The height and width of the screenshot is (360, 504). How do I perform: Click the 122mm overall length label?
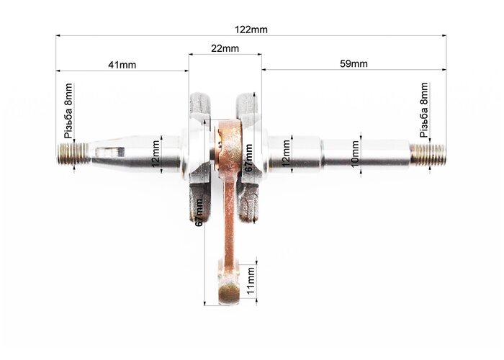click(x=251, y=30)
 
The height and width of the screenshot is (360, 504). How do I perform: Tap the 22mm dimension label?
click(x=225, y=48)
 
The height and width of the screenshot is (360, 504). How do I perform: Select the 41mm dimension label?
click(x=122, y=65)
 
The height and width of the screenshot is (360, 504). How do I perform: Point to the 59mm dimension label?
click(x=354, y=63)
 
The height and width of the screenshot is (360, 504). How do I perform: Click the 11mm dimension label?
click(x=251, y=281)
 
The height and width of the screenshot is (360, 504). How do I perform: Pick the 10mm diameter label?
click(x=355, y=153)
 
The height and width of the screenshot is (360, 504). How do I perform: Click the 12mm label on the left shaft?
click(x=156, y=154)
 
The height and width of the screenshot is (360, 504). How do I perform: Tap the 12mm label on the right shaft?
click(x=287, y=153)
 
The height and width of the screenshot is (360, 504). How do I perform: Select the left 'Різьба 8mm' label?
click(x=69, y=111)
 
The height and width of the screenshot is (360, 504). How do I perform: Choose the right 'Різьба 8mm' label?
click(x=424, y=110)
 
